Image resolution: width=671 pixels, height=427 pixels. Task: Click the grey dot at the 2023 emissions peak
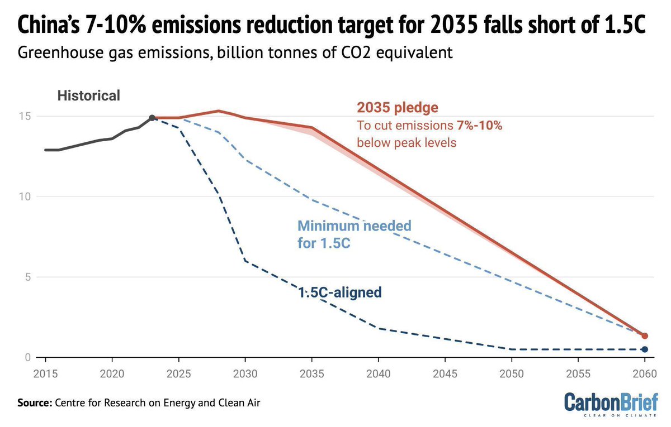coord(152,118)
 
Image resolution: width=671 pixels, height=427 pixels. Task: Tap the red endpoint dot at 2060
coord(644,336)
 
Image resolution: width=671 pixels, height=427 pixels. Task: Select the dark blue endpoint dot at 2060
coord(644,349)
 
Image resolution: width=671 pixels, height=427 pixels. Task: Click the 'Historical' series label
coord(88,95)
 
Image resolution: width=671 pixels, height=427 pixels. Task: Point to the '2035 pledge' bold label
coord(398,108)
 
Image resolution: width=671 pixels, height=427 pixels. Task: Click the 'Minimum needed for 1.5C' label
coord(353,234)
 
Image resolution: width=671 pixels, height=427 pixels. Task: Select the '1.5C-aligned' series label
coord(339,292)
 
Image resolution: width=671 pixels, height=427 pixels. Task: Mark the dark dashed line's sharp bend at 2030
coord(245,261)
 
